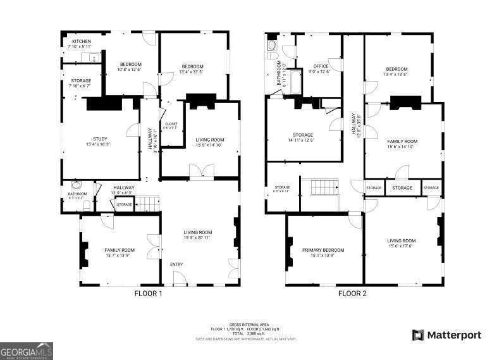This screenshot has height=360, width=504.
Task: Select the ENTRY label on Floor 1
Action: point(176,264)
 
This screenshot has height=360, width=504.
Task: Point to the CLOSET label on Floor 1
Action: point(171,123)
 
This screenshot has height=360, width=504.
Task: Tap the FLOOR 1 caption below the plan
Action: point(149,294)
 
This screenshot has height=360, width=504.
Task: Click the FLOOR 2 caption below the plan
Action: point(352,294)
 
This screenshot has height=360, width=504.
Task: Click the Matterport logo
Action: point(446,335)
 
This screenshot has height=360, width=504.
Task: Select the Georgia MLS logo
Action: point(26,350)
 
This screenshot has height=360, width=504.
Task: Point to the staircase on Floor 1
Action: point(147,204)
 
